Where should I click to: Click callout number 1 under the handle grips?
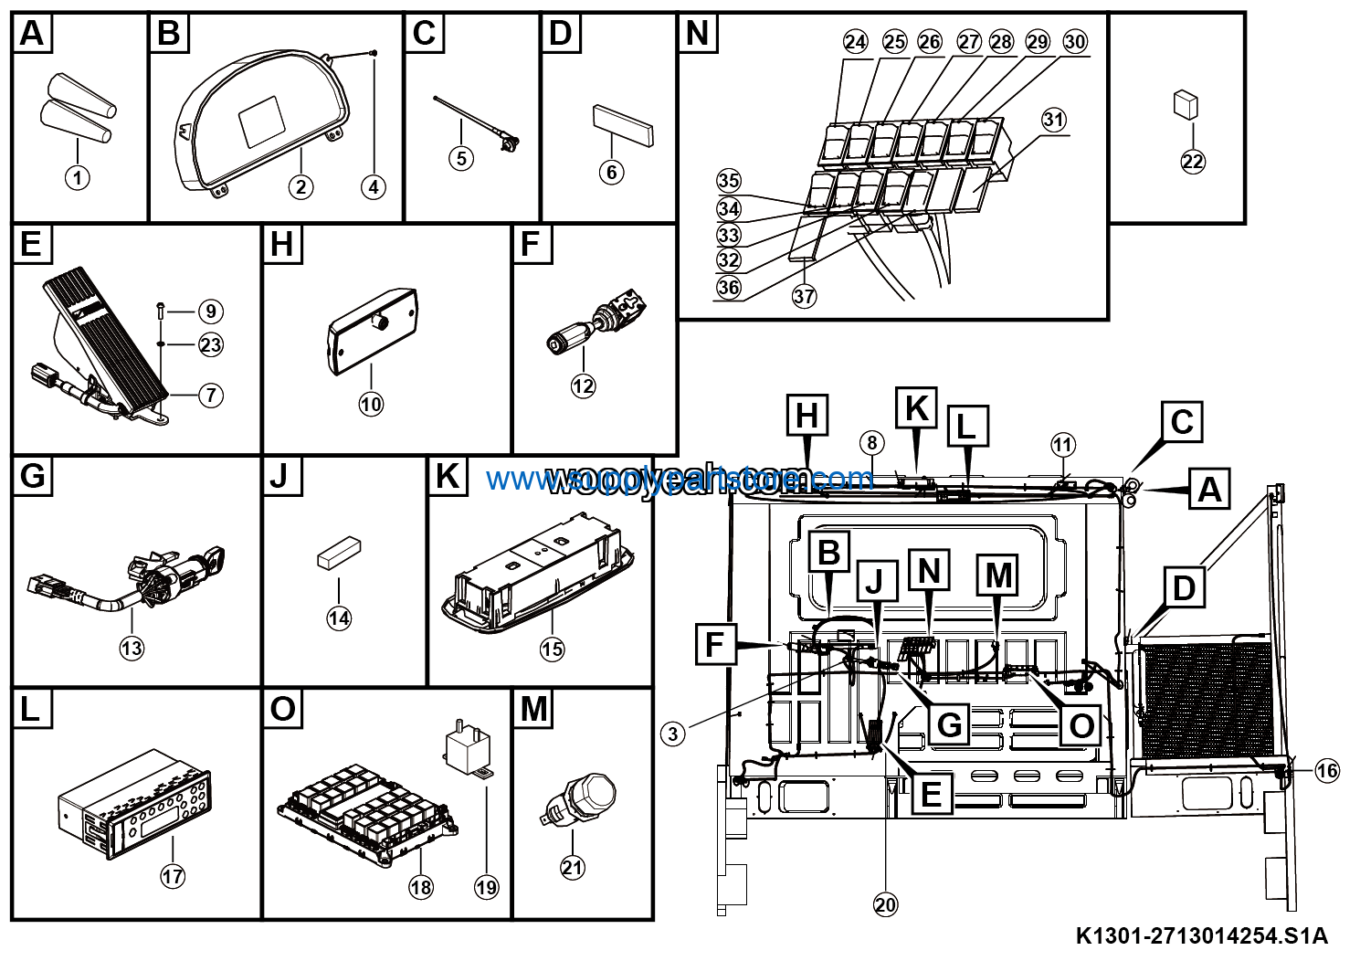[78, 176]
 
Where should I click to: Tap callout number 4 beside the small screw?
[373, 187]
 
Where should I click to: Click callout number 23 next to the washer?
[210, 345]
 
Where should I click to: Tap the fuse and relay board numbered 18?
[365, 813]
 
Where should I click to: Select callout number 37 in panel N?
[804, 297]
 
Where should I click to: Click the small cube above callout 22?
[1186, 102]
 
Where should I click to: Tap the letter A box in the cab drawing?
[1209, 490]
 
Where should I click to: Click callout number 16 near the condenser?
[1326, 771]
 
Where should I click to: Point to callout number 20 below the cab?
[885, 904]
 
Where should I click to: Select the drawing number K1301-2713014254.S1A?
[1201, 936]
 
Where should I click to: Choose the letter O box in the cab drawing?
[1081, 726]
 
